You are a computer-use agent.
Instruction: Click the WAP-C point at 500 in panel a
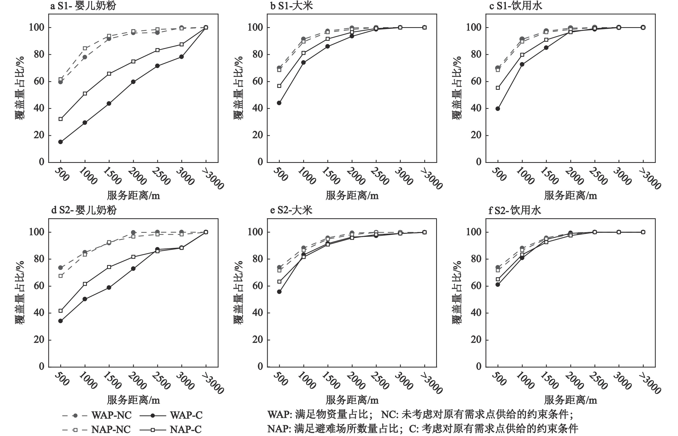[60, 142]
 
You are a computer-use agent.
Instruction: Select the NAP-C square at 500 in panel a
[60, 119]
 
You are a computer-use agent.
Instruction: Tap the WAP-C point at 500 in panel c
[497, 108]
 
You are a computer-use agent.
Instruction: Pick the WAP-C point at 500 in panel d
[60, 321]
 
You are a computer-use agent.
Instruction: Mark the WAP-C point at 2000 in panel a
[133, 82]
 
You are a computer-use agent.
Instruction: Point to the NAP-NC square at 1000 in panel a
[85, 48]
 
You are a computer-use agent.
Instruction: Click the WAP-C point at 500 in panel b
[279, 103]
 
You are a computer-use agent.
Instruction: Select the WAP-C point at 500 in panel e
[279, 292]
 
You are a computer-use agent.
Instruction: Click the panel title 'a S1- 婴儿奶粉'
[83, 6]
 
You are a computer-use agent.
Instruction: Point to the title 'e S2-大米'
[291, 210]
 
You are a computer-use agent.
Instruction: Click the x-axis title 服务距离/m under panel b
[352, 196]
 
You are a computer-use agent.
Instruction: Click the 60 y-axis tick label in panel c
[476, 81]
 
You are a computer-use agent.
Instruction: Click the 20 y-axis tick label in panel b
[257, 135]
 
